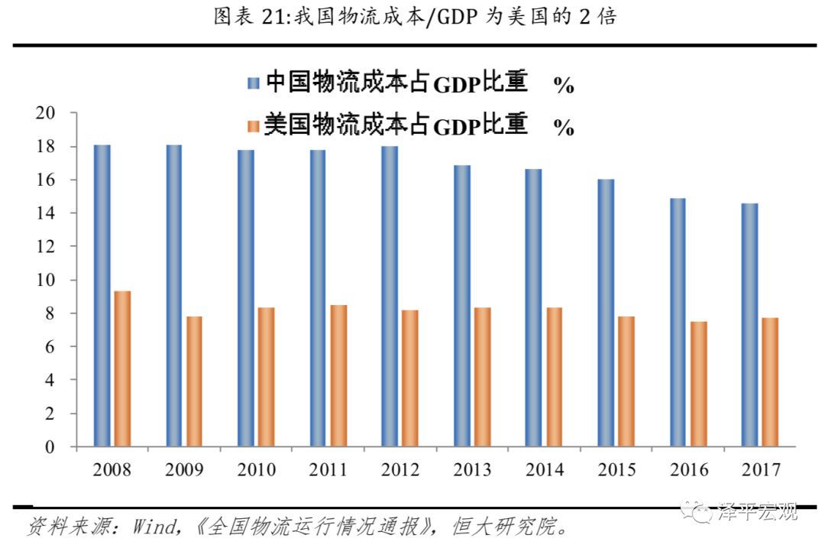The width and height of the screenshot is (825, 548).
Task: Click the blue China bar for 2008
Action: pyautogui.click(x=102, y=295)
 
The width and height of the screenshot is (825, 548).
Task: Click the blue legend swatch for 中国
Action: pyautogui.click(x=253, y=83)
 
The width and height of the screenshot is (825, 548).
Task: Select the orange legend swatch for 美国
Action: pyautogui.click(x=253, y=125)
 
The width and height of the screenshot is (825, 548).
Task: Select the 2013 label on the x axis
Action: pyautogui.click(x=472, y=469)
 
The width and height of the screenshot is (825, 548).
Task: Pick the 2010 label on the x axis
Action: pyautogui.click(x=257, y=469)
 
